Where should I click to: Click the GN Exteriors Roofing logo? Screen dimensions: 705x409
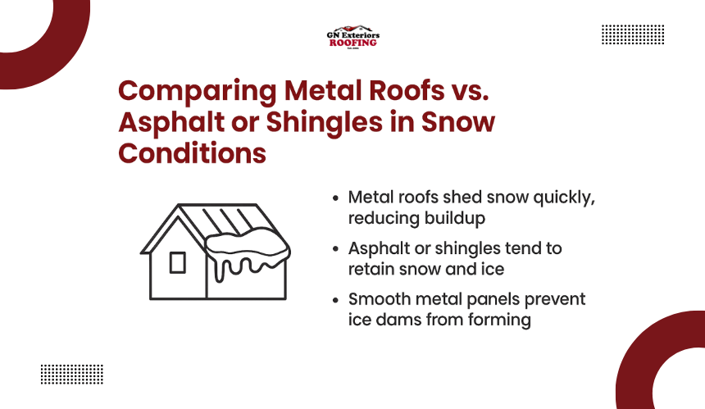tap(353, 38)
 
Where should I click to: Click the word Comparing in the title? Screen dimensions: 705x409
tap(198, 92)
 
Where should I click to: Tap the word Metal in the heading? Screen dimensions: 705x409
tap(322, 90)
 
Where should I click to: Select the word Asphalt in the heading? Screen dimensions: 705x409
tap(171, 123)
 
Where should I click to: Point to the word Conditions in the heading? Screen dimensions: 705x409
tap(193, 152)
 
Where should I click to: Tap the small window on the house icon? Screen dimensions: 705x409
tap(178, 262)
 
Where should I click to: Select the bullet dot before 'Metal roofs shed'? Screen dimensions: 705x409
tap(335, 198)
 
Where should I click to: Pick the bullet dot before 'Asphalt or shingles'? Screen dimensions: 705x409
tap(335, 249)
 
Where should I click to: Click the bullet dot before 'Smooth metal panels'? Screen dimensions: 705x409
tap(335, 300)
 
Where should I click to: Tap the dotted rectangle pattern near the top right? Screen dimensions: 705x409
tap(633, 34)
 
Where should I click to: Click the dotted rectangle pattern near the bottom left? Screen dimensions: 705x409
tap(72, 375)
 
